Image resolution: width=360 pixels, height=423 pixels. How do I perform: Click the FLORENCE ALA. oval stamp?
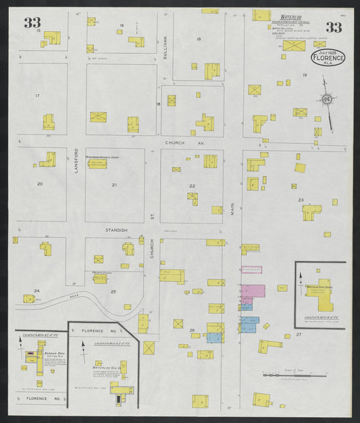tap(327, 58)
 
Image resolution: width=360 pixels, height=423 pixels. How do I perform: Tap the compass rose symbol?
tap(327, 100)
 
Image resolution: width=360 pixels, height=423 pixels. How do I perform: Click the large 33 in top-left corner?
tap(32, 23)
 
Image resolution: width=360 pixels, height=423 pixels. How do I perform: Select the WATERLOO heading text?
tap(290, 13)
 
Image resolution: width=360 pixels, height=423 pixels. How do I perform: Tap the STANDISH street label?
tap(116, 230)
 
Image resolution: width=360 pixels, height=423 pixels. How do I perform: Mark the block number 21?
tap(114, 184)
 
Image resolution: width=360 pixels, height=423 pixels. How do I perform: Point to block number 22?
tap(192, 186)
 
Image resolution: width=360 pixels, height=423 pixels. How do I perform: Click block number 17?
tap(37, 96)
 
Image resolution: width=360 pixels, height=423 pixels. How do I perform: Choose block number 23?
tap(301, 199)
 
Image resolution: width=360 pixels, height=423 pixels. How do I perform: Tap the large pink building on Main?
tap(253, 291)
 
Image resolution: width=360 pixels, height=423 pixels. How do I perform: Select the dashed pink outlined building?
tap(251, 270)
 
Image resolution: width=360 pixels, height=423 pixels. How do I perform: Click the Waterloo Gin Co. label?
tap(105, 368)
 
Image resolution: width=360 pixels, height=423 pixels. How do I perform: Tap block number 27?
tap(298, 334)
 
